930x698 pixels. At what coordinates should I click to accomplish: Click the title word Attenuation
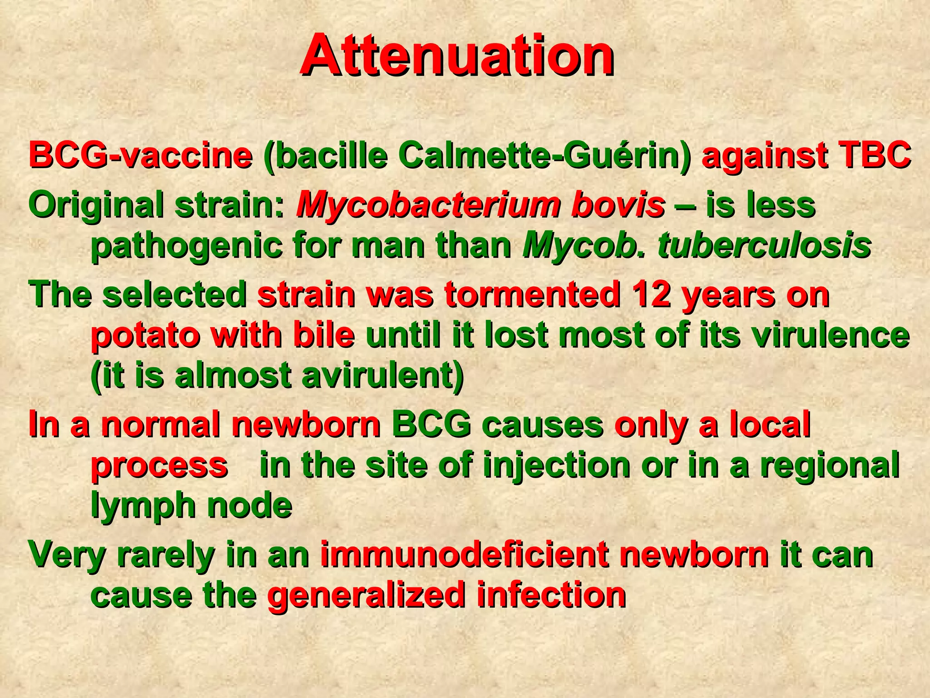[x=457, y=56]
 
